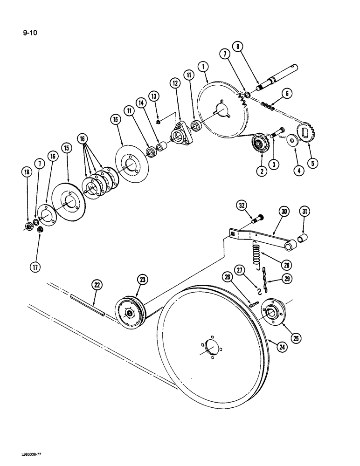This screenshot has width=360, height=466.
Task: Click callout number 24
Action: coord(282,346)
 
